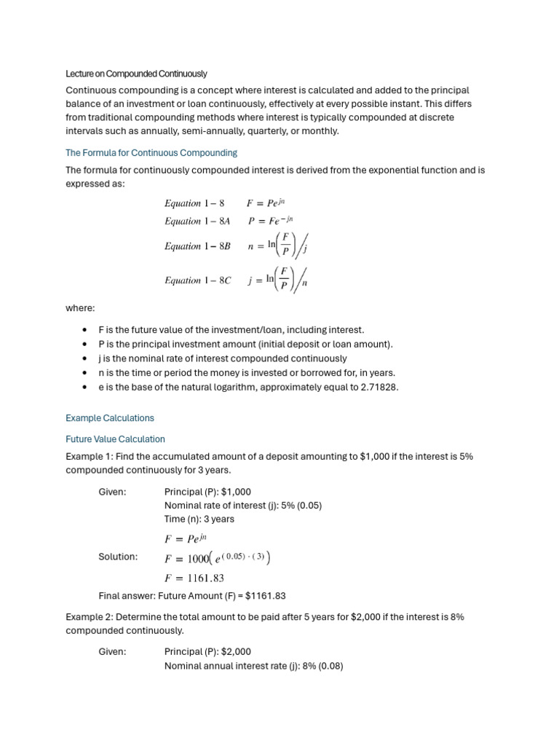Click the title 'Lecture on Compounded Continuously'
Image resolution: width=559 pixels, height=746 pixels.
coord(136,74)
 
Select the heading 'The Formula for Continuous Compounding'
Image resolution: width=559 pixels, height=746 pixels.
coord(151,153)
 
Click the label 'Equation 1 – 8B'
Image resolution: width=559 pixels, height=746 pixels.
coord(197,246)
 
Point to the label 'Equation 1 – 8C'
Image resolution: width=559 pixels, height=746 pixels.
coord(197,280)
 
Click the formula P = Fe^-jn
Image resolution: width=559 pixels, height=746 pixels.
coord(271,221)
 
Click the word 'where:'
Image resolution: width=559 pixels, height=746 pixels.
coord(80,308)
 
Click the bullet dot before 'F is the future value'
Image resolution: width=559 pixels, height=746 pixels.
coord(87,330)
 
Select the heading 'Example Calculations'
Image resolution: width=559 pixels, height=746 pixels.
coord(110,418)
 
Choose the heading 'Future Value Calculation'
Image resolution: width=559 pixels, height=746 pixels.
coord(115,439)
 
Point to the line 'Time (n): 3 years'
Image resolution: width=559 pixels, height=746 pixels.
coord(199,519)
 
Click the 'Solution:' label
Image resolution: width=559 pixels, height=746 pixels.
coord(118,557)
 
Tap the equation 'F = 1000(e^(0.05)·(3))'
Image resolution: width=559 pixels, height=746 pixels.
coord(218,558)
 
